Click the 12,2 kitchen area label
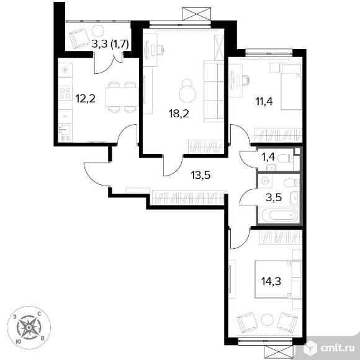tap(86, 99)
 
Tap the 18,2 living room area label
tap(179, 114)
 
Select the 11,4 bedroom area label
tap(264, 101)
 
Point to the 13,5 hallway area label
tap(200, 175)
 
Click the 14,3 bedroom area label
tap(271, 281)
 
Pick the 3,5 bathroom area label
tap(274, 197)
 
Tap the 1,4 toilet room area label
tap(268, 157)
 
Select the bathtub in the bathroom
tap(280, 215)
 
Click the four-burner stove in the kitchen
tap(65, 93)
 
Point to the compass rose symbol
tap(29, 327)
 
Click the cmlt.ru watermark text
tap(337, 349)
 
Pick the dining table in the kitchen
tap(122, 97)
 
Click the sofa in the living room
tap(214, 91)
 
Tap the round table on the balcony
tap(98, 31)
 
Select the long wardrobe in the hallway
tap(188, 197)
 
